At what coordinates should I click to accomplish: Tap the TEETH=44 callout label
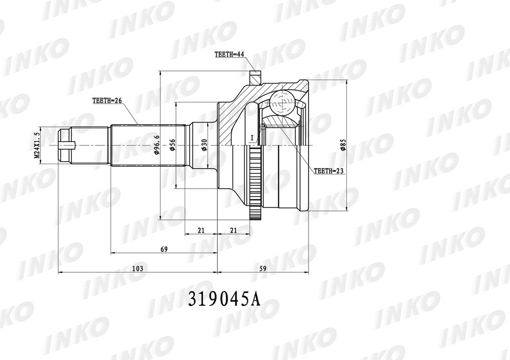[x=229, y=55]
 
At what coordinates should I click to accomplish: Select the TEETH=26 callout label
[x=107, y=101]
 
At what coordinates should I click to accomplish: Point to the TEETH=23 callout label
[x=329, y=171]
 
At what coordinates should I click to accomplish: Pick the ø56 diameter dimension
[x=172, y=145]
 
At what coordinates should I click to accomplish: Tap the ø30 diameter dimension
[x=205, y=145]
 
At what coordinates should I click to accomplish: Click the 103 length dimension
[x=138, y=268]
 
